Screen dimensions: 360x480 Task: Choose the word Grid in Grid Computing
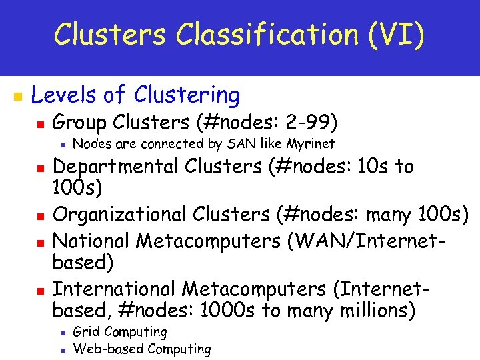(x=85, y=331)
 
